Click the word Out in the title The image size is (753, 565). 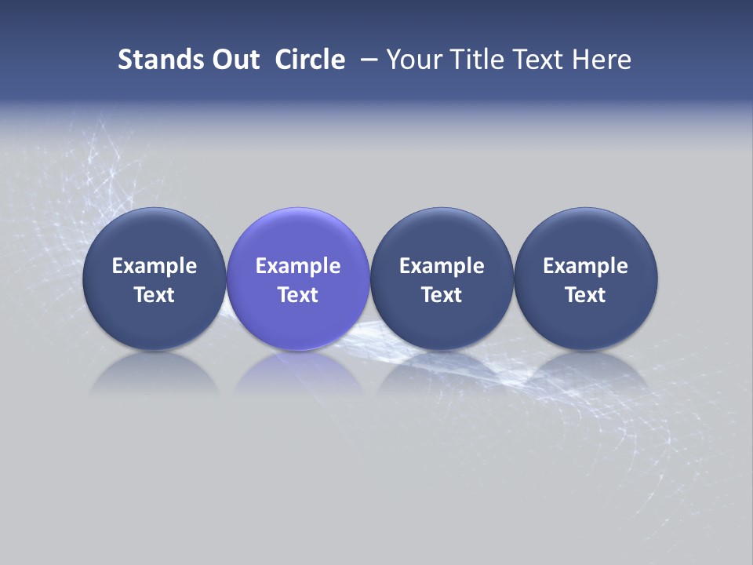tap(233, 60)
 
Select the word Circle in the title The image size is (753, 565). tap(310, 60)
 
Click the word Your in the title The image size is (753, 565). tap(416, 60)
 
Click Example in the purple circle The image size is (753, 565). tap(298, 266)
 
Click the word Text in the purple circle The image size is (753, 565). tap(298, 295)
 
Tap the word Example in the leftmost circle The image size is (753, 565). tap(155, 266)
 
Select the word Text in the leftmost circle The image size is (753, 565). tap(155, 295)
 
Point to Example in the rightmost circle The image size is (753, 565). tap(586, 266)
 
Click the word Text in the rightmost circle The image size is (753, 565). tap(586, 295)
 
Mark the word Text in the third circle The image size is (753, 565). tap(442, 295)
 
